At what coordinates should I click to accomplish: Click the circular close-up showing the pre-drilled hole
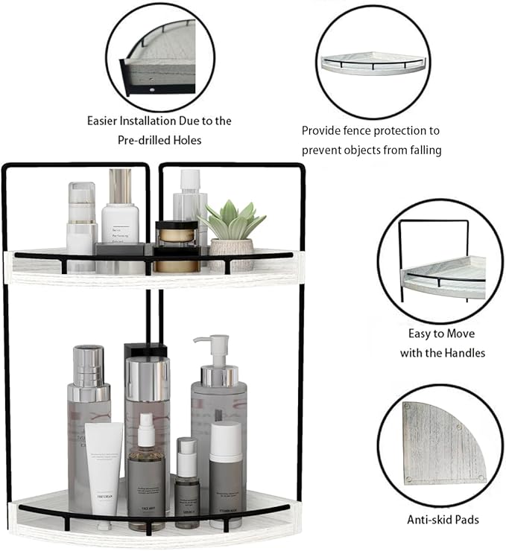coord(159,58)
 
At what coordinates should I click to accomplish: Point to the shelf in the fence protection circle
coord(373,63)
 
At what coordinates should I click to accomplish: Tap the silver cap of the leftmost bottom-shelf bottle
coord(89,365)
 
